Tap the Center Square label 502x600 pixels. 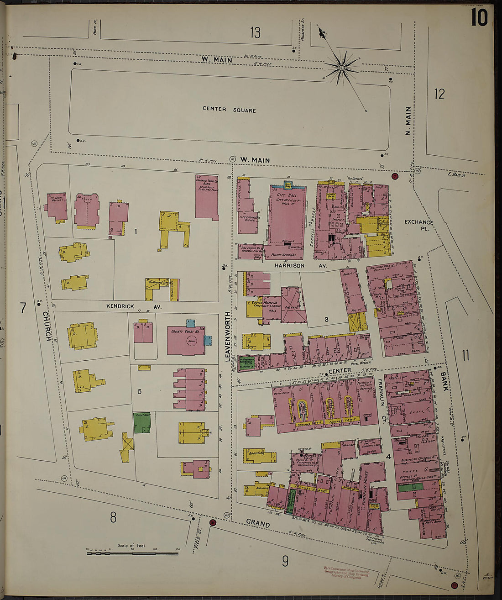point(229,110)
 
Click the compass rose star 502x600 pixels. point(341,68)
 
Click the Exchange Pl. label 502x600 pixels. point(419,225)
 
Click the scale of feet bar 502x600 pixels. point(132,553)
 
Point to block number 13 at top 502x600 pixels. point(255,32)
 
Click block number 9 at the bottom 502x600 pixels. point(285,561)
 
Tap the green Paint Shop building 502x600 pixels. point(142,423)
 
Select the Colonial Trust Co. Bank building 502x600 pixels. point(207,196)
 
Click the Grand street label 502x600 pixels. point(257,523)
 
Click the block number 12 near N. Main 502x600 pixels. point(439,94)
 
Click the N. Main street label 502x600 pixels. point(408,121)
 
